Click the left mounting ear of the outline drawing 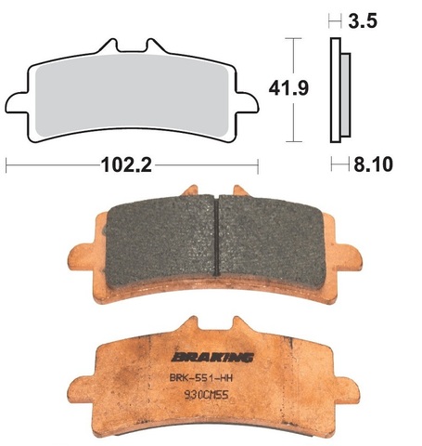click(19, 99)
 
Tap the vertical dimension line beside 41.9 click(294, 89)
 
